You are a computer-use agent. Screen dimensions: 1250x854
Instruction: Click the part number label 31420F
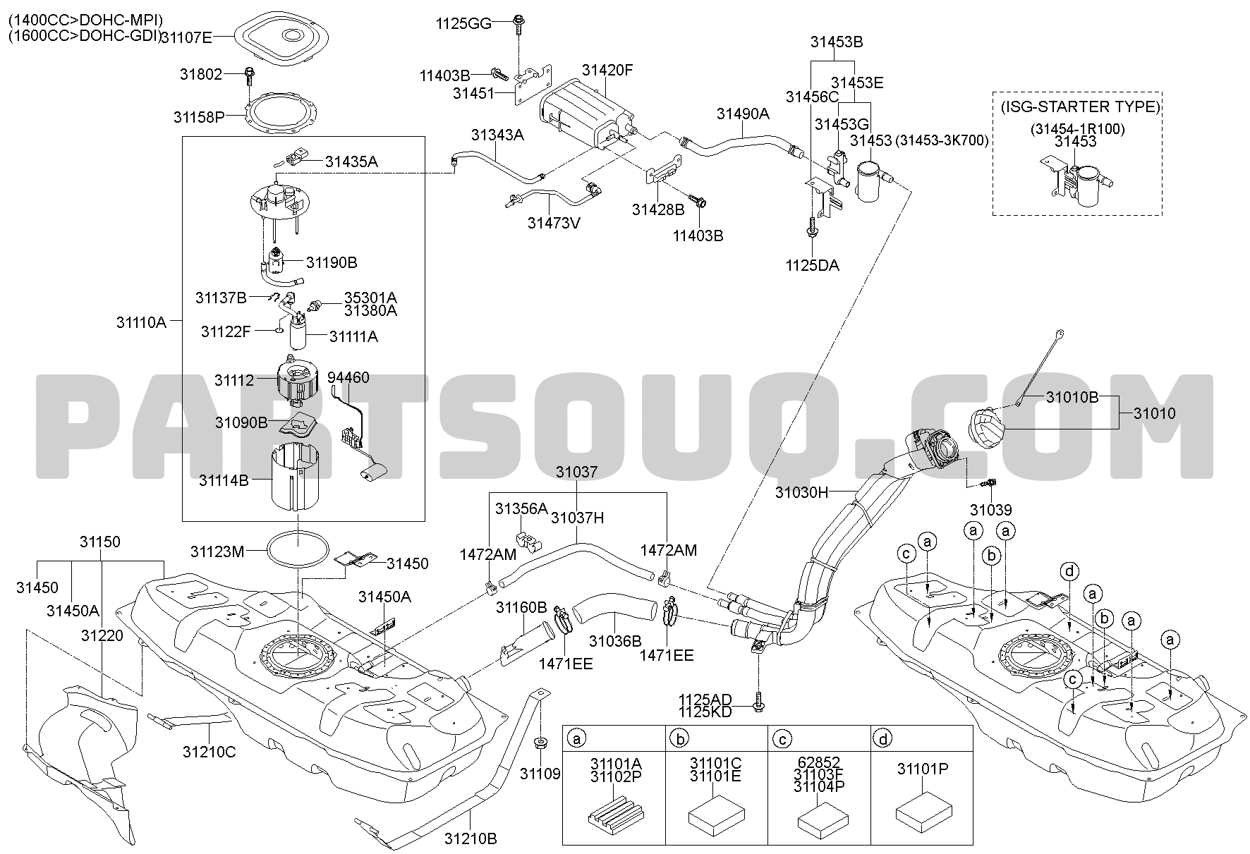pos(607,71)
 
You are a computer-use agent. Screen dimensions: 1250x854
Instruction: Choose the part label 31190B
pos(332,263)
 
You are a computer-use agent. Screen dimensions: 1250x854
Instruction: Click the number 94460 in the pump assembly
pos(348,378)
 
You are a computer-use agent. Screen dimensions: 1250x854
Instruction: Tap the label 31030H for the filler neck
pos(801,492)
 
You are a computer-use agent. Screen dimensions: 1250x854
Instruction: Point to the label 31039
pos(991,510)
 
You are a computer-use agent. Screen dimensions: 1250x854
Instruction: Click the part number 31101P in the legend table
pos(923,769)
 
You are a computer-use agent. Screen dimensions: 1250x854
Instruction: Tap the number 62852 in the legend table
pos(819,763)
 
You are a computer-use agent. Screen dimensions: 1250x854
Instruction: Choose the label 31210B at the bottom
pos(471,839)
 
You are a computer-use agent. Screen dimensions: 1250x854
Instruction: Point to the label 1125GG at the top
pos(463,23)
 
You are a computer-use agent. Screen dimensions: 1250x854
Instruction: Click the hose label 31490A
pos(743,114)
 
